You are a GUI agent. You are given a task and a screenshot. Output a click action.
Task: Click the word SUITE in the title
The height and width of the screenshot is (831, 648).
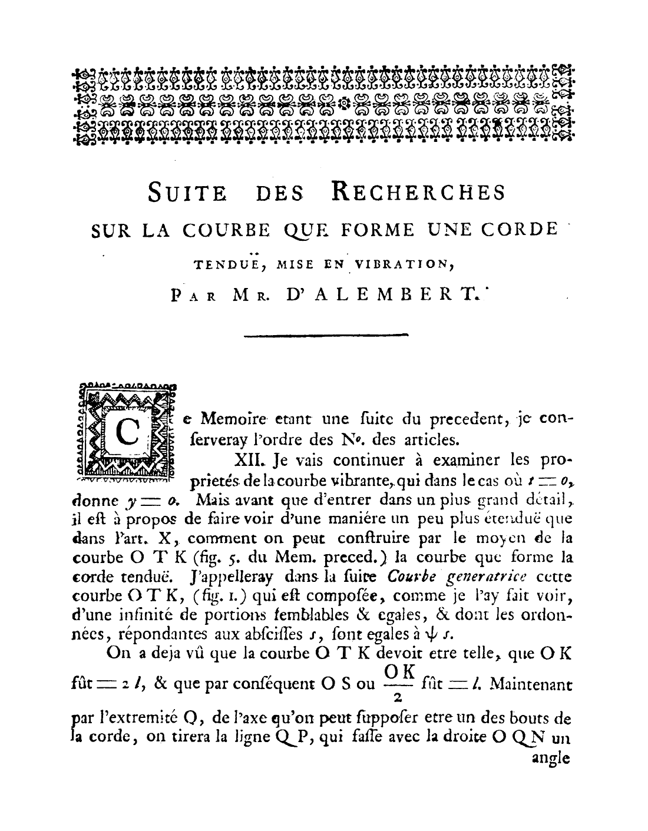click(x=187, y=193)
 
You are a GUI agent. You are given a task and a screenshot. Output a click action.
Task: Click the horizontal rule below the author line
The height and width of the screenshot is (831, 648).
click(x=326, y=336)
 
